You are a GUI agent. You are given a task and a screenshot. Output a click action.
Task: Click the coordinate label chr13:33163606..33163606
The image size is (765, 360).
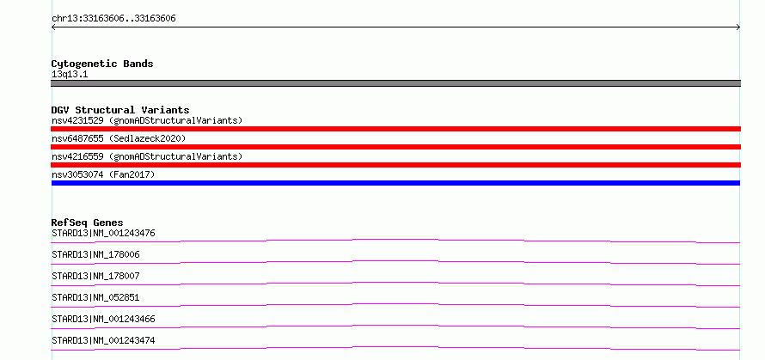point(113,19)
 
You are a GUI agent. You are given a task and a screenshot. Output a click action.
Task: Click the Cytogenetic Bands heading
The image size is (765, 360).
point(102,64)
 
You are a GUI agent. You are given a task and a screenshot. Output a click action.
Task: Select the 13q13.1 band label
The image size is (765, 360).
point(70,75)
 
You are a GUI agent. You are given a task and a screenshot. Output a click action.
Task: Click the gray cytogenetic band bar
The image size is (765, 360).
point(395,83)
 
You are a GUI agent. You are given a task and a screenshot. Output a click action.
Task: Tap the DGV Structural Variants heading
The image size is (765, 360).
point(120,110)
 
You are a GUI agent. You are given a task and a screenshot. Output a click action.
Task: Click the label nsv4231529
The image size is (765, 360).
point(77,120)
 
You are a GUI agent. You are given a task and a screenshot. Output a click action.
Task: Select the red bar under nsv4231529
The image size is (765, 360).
point(395,129)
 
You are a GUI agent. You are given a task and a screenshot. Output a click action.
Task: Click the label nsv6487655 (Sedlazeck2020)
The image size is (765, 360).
point(119,138)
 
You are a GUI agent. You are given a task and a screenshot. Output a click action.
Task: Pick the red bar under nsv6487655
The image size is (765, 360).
point(395,147)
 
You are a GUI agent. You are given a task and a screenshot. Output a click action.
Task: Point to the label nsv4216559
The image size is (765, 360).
point(77,156)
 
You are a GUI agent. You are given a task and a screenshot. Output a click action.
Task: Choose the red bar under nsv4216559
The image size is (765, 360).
point(395,165)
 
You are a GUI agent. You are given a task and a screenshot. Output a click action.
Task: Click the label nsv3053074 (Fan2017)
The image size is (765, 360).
point(103,174)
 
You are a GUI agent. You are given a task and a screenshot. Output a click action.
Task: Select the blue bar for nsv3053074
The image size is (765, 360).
point(395,183)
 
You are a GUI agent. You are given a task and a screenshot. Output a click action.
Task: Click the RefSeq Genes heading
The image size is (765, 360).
point(88,223)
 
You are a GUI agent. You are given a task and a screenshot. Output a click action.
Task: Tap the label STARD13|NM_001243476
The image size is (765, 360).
point(103,233)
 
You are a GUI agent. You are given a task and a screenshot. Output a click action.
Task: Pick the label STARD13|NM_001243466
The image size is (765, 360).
point(103,319)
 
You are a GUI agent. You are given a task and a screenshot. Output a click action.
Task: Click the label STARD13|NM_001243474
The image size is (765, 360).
point(103,340)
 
